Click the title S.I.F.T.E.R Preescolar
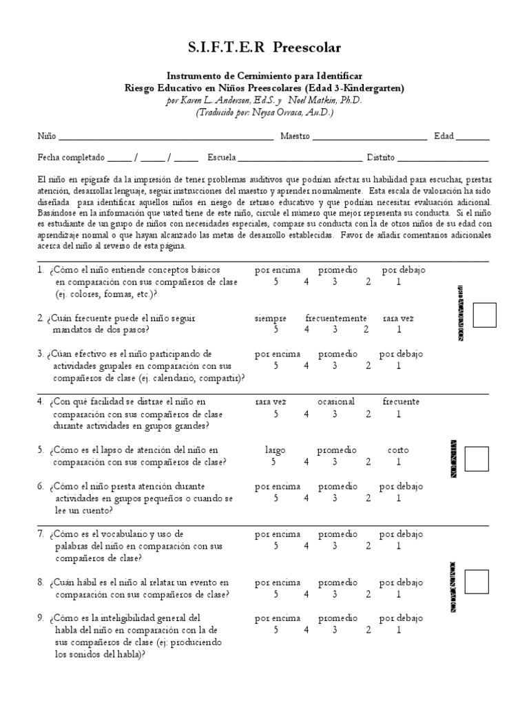pyautogui.click(x=264, y=48)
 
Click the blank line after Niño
pyautogui.click(x=165, y=138)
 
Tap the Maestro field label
pyautogui.click(x=295, y=136)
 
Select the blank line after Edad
pyautogui.click(x=473, y=138)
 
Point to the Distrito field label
pyautogui.click(x=381, y=156)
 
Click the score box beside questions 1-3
pyautogui.click(x=485, y=315)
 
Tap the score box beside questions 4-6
pyautogui.click(x=477, y=459)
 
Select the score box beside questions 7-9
pyautogui.click(x=477, y=582)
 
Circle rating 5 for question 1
pyautogui.click(x=276, y=282)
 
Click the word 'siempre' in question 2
pyautogui.click(x=271, y=319)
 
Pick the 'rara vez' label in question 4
pyautogui.click(x=271, y=401)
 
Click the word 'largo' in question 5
pyautogui.click(x=276, y=450)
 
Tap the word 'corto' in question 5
pyautogui.click(x=397, y=450)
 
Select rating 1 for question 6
pyautogui.click(x=398, y=498)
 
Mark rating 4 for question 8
pyautogui.click(x=306, y=594)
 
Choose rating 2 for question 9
pyautogui.click(x=368, y=630)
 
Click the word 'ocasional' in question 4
pyautogui.click(x=336, y=401)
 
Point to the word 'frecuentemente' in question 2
pyautogui.click(x=336, y=319)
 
